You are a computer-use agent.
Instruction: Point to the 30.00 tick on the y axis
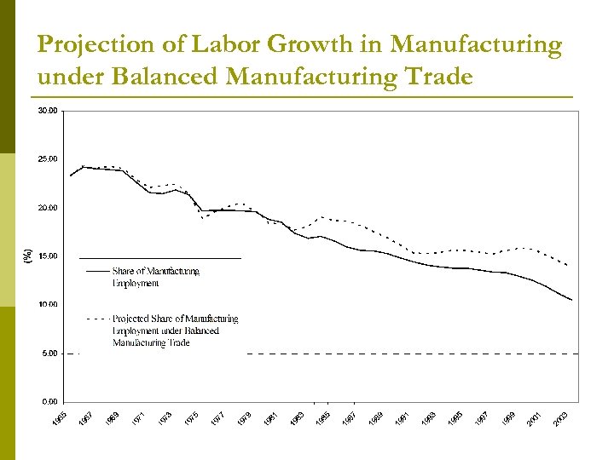tap(48, 111)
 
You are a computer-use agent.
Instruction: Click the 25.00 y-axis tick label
tap(48, 159)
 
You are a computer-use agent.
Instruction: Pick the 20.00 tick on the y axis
tap(48, 208)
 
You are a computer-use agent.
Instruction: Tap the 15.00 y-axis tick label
tap(48, 256)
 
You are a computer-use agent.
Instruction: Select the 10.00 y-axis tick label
tap(48, 305)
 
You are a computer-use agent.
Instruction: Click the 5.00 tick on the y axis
tap(49, 354)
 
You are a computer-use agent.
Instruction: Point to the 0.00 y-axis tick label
tap(49, 401)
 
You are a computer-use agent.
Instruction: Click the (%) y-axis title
tap(27, 256)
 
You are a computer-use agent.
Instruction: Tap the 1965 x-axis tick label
tap(58, 418)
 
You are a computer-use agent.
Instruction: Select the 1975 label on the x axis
tap(193, 418)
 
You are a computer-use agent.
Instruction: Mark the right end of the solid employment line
tap(571, 300)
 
